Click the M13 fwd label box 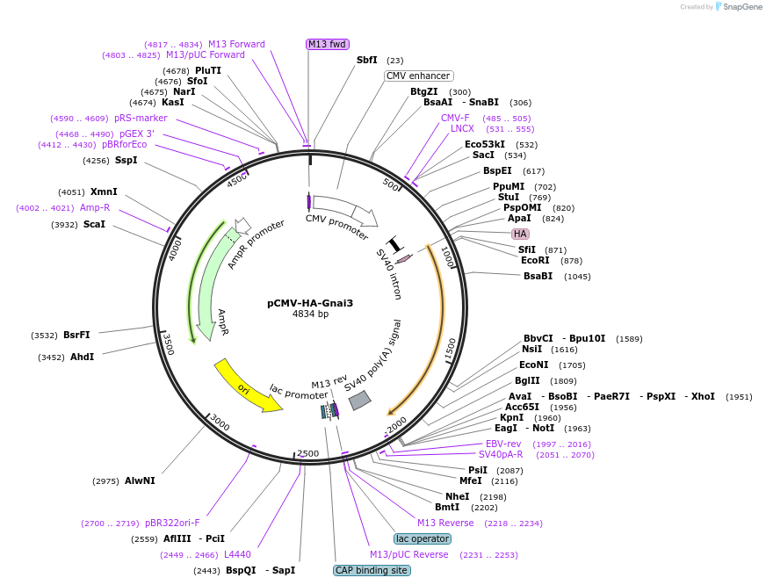327,44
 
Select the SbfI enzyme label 367,60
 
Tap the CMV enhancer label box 418,76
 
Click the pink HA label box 520,234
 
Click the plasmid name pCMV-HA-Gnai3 310,303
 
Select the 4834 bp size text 310,314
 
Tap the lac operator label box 423,538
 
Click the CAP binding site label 372,570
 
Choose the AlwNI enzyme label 140,480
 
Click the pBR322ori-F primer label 172,523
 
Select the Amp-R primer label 95,207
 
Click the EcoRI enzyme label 535,260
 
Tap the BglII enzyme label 528,380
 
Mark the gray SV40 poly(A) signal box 359,401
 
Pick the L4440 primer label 237,554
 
